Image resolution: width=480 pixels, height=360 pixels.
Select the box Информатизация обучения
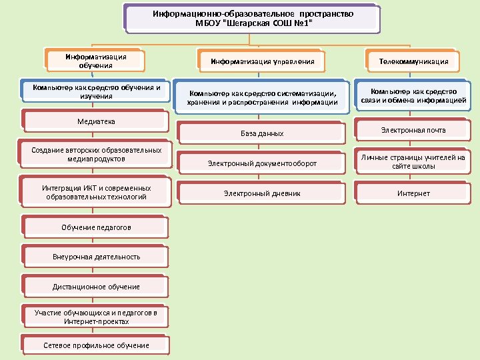(x=95, y=61)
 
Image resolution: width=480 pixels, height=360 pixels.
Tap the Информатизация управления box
(x=262, y=62)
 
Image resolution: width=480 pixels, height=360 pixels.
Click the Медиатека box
(x=96, y=121)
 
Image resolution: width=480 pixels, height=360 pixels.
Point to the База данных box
(x=262, y=133)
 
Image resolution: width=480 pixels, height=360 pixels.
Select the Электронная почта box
(x=413, y=130)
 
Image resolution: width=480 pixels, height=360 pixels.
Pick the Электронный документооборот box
(x=262, y=163)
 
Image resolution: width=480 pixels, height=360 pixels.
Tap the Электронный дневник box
(x=262, y=193)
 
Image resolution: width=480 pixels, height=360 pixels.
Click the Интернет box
(x=413, y=193)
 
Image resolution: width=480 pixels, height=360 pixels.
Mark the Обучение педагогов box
(x=96, y=227)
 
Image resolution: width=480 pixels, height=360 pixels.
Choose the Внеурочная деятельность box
(x=96, y=257)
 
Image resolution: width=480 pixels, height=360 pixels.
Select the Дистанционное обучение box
(x=96, y=287)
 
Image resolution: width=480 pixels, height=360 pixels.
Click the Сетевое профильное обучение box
(x=96, y=345)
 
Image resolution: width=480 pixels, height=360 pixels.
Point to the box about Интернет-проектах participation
(x=96, y=317)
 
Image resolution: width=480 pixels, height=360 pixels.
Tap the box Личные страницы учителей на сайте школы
(x=413, y=162)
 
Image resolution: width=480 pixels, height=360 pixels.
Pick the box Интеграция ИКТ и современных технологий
(x=96, y=193)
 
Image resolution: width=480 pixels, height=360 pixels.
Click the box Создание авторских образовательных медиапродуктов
(x=96, y=155)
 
